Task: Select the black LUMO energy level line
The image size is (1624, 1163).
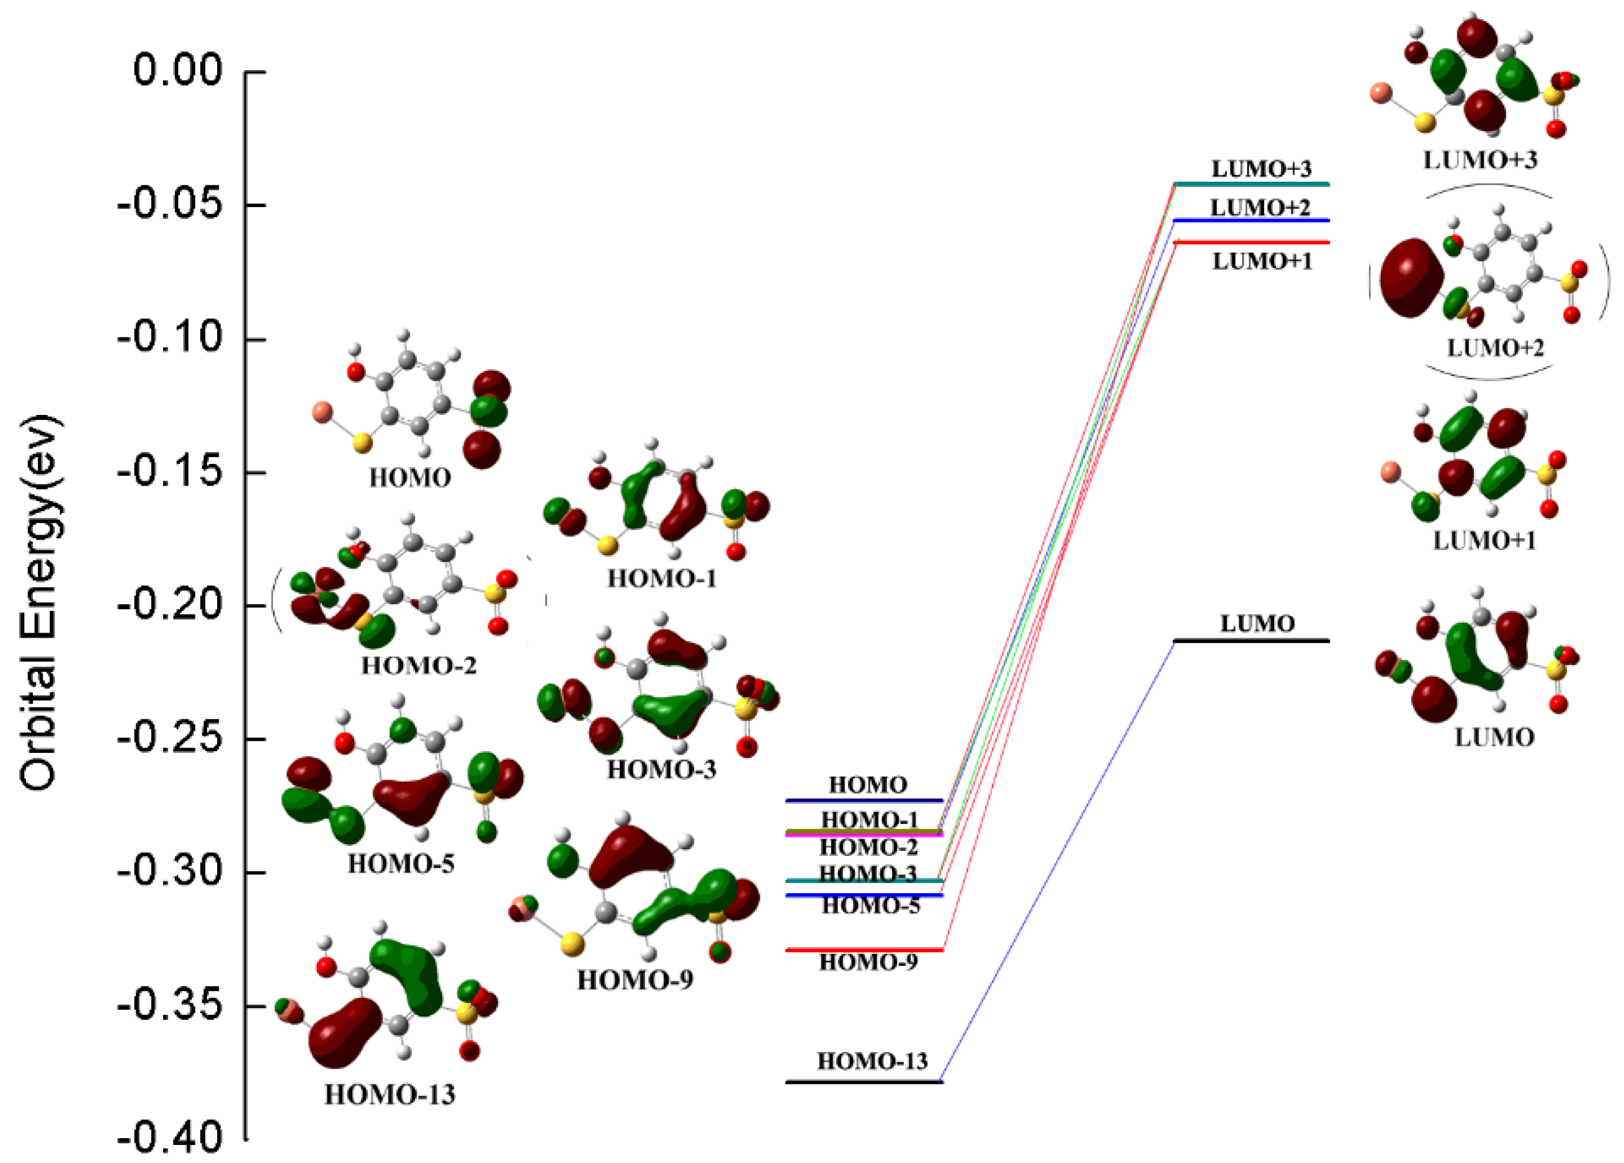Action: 1252,640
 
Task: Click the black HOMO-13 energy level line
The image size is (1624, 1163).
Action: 863,1081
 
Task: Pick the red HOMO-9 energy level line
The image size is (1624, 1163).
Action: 863,950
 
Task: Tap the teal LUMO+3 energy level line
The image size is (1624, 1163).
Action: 1252,185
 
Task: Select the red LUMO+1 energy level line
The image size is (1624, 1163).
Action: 1252,243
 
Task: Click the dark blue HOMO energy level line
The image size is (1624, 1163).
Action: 863,800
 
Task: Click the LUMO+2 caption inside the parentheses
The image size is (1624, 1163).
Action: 1495,348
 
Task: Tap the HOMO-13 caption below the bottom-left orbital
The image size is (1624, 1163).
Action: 390,1094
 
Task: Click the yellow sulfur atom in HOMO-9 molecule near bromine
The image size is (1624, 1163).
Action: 572,944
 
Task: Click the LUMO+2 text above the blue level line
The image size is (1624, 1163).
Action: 1260,208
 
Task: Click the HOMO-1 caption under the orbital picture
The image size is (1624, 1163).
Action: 662,579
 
